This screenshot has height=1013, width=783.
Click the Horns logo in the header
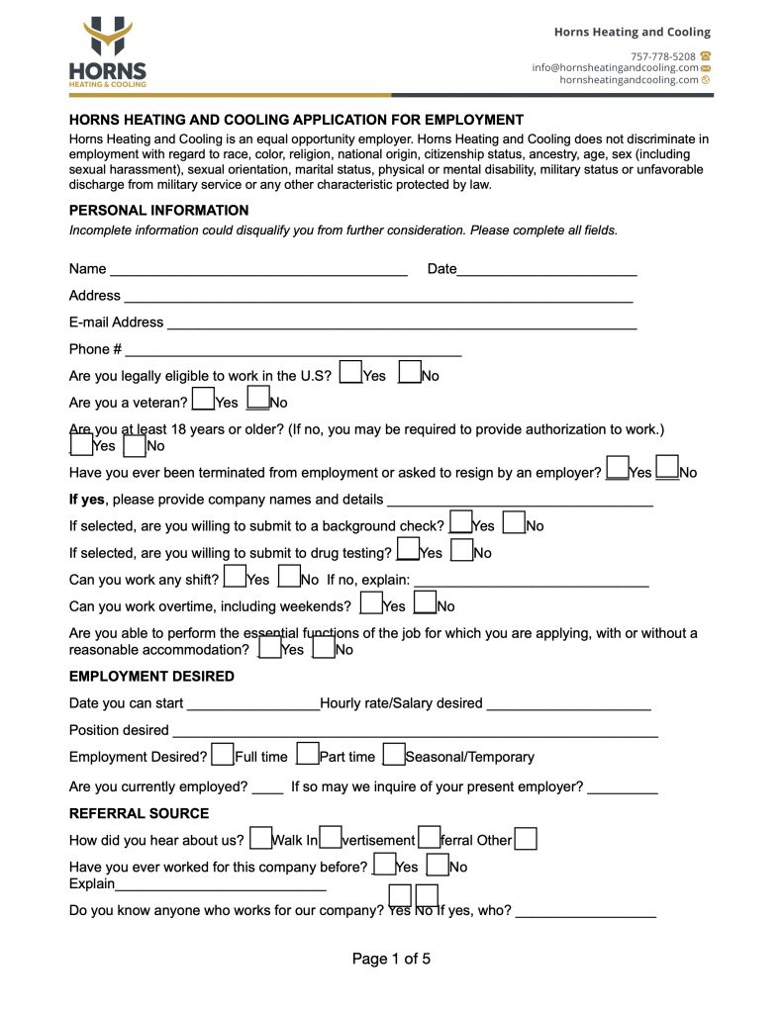(x=107, y=53)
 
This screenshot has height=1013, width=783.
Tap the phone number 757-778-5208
(x=662, y=56)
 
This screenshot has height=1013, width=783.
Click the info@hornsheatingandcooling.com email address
(x=614, y=68)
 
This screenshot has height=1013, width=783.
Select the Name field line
(x=258, y=269)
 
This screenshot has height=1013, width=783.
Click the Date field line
(x=546, y=269)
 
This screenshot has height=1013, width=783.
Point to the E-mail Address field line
(x=401, y=322)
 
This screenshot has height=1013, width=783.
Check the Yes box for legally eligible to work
(x=349, y=372)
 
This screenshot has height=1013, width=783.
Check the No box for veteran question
(x=257, y=399)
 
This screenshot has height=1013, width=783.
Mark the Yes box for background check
(x=460, y=522)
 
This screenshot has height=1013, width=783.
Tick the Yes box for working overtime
(x=371, y=602)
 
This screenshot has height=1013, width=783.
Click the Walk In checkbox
(x=260, y=838)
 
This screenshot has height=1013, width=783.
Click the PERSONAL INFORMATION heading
(x=158, y=211)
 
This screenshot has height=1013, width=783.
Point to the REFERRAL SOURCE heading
(x=139, y=814)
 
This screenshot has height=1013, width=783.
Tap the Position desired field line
(x=415, y=732)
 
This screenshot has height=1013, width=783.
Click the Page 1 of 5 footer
(x=391, y=959)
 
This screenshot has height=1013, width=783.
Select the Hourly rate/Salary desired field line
(x=568, y=705)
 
